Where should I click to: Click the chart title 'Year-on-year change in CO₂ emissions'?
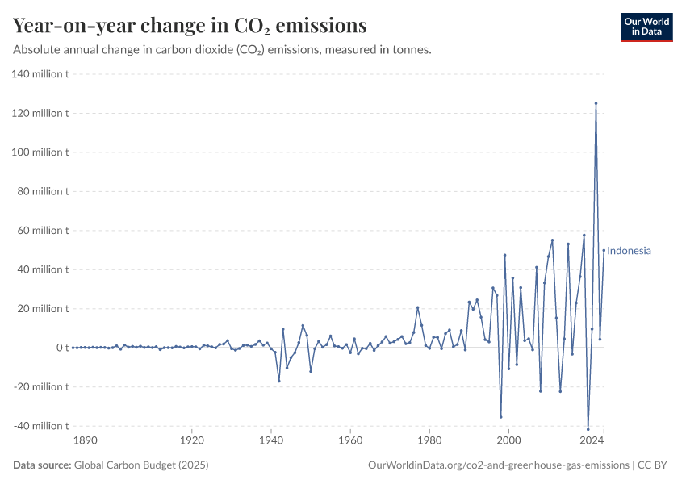coord(190,26)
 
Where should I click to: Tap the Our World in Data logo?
coord(646,27)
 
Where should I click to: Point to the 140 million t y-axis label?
coord(40,74)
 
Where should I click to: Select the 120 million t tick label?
coord(40,113)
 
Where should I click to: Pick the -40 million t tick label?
coord(40,426)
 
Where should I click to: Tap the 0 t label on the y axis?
coord(61,348)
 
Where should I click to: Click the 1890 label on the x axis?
coord(85,441)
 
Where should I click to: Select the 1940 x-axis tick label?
coord(271,441)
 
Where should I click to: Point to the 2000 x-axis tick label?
coord(508,441)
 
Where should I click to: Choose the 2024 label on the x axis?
coord(592,441)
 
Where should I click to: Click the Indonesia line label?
coord(629,251)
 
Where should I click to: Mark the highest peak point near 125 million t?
coord(596,103)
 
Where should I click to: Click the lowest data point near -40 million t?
coord(588,429)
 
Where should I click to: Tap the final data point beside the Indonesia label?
coord(604,250)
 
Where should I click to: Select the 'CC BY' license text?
coord(655,465)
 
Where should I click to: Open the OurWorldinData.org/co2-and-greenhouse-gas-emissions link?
coord(498,465)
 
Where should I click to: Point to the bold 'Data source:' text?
coord(42,465)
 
